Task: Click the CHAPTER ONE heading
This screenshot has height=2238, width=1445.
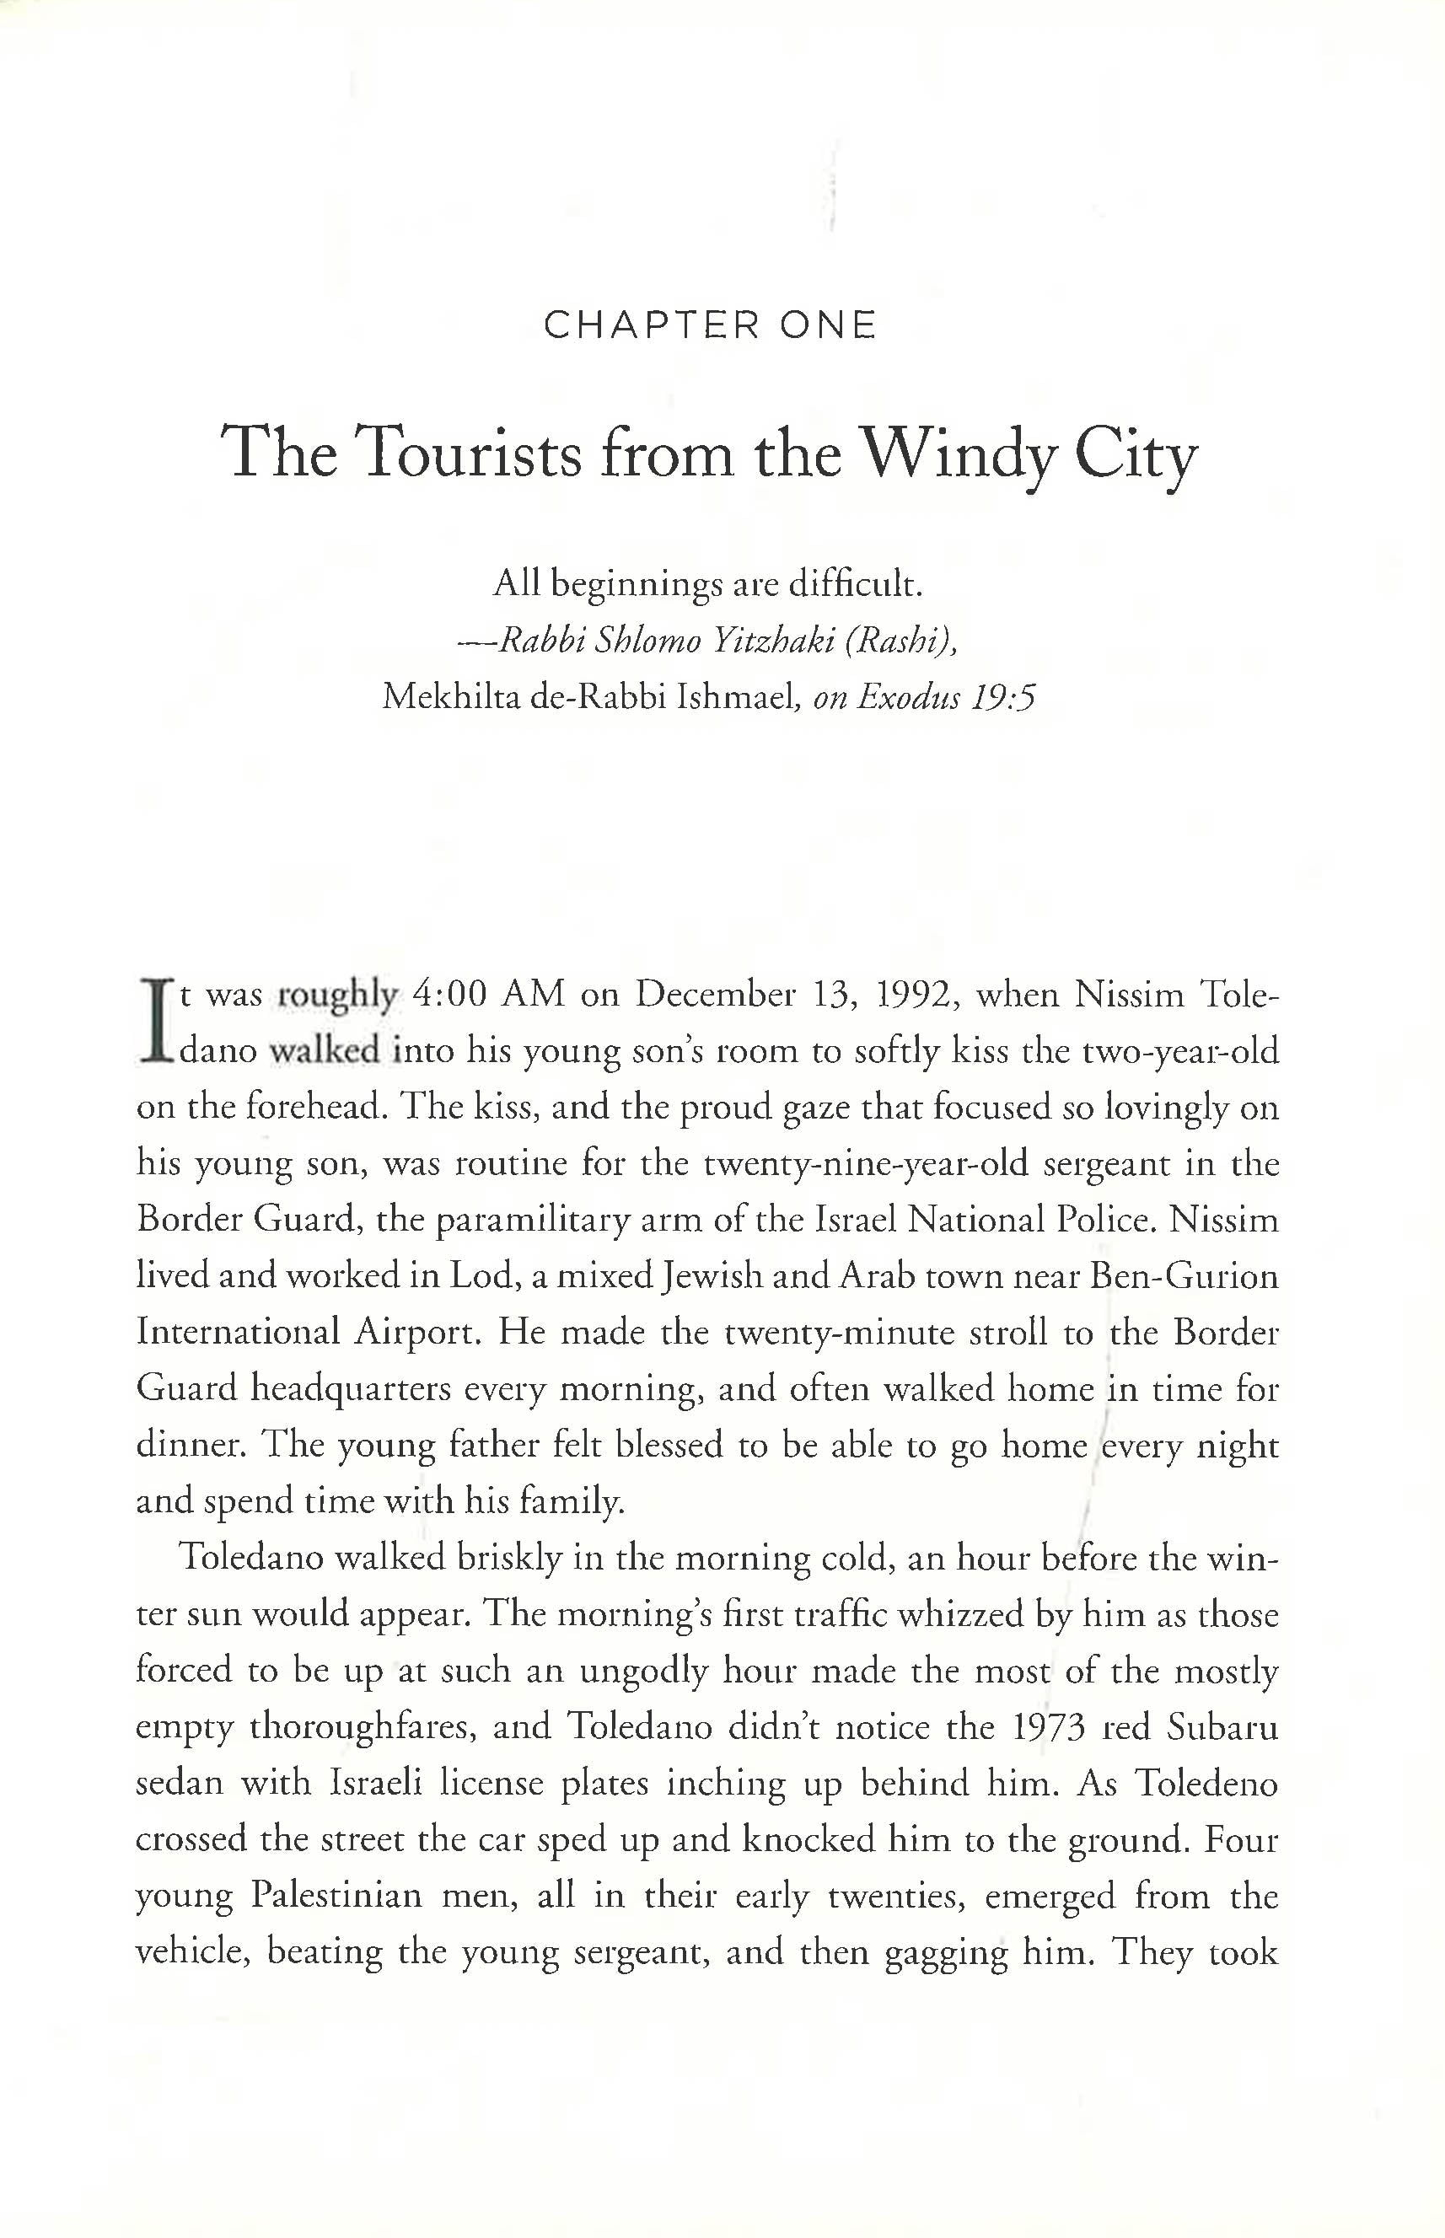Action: point(711,325)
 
